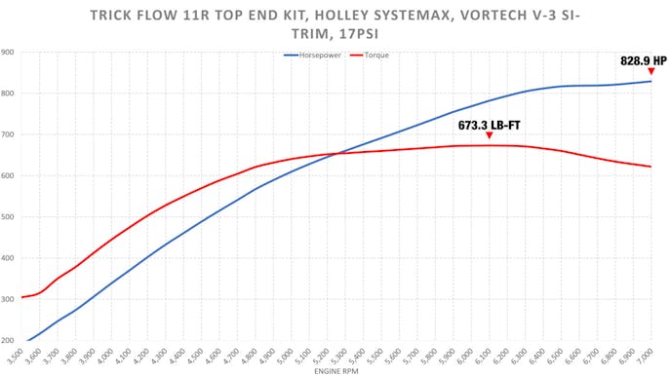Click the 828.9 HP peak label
[x=644, y=60]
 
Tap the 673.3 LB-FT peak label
[x=489, y=126]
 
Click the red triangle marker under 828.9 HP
[x=651, y=71]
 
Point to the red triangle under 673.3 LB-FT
[x=489, y=135]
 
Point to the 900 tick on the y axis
[x=8, y=53]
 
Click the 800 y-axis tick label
[x=8, y=94]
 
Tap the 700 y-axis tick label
[x=8, y=134]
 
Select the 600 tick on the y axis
[x=8, y=176]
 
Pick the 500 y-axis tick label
[x=8, y=217]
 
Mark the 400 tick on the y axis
[x=8, y=258]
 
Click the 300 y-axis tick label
[x=8, y=299]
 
